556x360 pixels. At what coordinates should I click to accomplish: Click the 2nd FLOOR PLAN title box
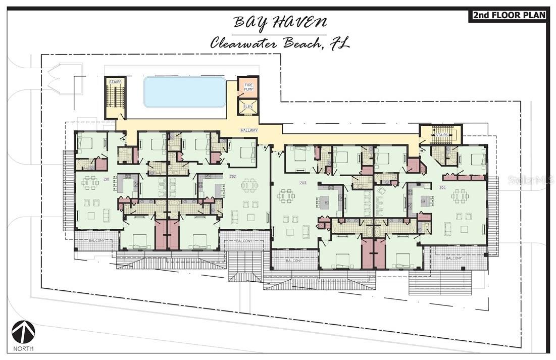point(509,15)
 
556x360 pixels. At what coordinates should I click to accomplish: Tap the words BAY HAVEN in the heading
point(279,23)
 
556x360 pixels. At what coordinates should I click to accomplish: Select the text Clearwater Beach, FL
point(279,43)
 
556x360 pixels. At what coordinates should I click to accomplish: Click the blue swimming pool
point(185,91)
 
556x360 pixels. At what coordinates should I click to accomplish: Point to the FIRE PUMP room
point(248,87)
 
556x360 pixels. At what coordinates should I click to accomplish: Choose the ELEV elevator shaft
point(248,107)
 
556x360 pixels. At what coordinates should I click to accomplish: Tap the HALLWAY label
point(249,130)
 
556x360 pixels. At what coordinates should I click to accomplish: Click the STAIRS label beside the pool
point(115,81)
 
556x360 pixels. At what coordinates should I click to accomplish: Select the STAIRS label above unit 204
point(442,135)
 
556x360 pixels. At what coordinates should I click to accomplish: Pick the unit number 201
point(107,179)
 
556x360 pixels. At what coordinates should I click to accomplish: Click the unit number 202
point(233,176)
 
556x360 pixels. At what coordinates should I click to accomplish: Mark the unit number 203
point(303,182)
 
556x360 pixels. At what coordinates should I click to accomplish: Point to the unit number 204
point(442,187)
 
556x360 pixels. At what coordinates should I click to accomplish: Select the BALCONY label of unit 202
point(244,241)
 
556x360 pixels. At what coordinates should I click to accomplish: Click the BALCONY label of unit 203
point(294,261)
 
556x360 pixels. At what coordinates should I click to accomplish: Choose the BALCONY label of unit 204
point(453,258)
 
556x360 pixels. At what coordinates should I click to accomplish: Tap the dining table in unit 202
point(249,185)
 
